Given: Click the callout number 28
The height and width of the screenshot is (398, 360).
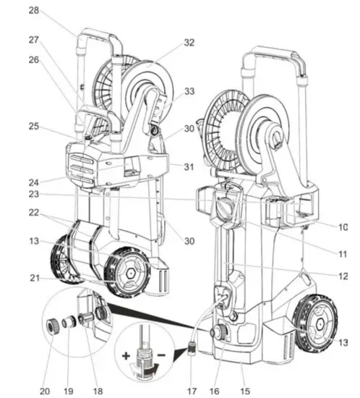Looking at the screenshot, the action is [x=34, y=11].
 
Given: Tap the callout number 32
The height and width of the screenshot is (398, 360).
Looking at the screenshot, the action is [x=189, y=43].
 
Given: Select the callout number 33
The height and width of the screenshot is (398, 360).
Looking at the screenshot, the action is [x=189, y=91].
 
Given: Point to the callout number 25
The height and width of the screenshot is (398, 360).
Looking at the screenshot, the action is [x=34, y=126].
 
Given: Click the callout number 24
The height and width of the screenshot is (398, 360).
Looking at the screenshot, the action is [x=34, y=182].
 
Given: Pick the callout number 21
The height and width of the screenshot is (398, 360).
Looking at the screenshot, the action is [x=35, y=278].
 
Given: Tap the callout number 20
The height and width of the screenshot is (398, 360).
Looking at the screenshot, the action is [x=45, y=391].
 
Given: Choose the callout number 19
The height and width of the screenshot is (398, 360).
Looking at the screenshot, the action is [x=68, y=391].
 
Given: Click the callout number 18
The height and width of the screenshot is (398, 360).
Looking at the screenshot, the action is [x=98, y=391].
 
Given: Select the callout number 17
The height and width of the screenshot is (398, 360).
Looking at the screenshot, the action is [x=192, y=391].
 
